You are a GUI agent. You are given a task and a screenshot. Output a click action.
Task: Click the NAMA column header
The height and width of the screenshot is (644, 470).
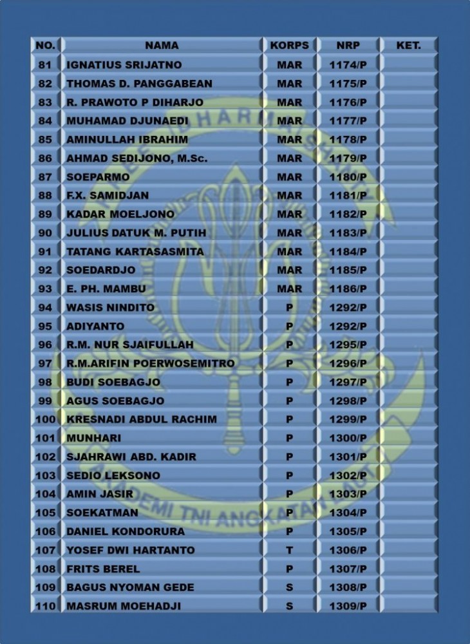tap(162, 46)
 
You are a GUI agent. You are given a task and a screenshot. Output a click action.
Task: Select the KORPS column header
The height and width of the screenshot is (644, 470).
tap(289, 46)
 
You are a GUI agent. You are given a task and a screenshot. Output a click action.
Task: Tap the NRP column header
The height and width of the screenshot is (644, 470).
tap(348, 46)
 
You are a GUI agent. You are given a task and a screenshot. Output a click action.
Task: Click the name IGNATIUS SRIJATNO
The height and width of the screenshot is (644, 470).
tap(124, 64)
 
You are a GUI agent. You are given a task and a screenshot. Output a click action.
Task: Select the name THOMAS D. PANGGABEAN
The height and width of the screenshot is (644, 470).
tap(139, 83)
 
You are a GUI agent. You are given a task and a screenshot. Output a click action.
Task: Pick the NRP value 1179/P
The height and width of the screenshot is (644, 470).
tap(348, 158)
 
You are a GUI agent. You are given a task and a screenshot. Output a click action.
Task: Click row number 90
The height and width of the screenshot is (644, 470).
tap(45, 232)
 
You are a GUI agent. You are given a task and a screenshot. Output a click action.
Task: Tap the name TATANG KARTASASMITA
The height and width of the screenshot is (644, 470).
tap(135, 251)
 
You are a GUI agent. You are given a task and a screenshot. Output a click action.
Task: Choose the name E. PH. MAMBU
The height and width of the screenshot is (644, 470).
tap(106, 289)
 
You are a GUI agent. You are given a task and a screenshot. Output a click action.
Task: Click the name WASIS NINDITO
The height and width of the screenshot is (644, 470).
tap(111, 307)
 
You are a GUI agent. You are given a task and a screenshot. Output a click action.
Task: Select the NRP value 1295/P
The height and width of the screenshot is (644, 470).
tap(348, 345)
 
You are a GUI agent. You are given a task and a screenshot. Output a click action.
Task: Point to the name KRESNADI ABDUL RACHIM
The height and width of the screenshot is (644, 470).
tap(142, 419)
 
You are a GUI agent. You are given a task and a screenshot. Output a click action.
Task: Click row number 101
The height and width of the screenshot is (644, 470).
tap(45, 438)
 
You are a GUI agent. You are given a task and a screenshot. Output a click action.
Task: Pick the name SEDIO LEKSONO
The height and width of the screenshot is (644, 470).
tap(113, 475)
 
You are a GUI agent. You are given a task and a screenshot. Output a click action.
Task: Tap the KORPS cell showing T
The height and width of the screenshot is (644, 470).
tap(289, 550)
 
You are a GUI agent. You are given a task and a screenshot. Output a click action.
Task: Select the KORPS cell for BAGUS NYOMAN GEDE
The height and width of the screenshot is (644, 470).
tap(289, 587)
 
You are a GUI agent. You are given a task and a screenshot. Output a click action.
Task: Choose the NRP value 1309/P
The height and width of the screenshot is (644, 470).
tap(348, 606)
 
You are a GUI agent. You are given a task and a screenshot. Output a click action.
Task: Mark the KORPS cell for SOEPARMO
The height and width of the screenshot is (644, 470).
tap(289, 176)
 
